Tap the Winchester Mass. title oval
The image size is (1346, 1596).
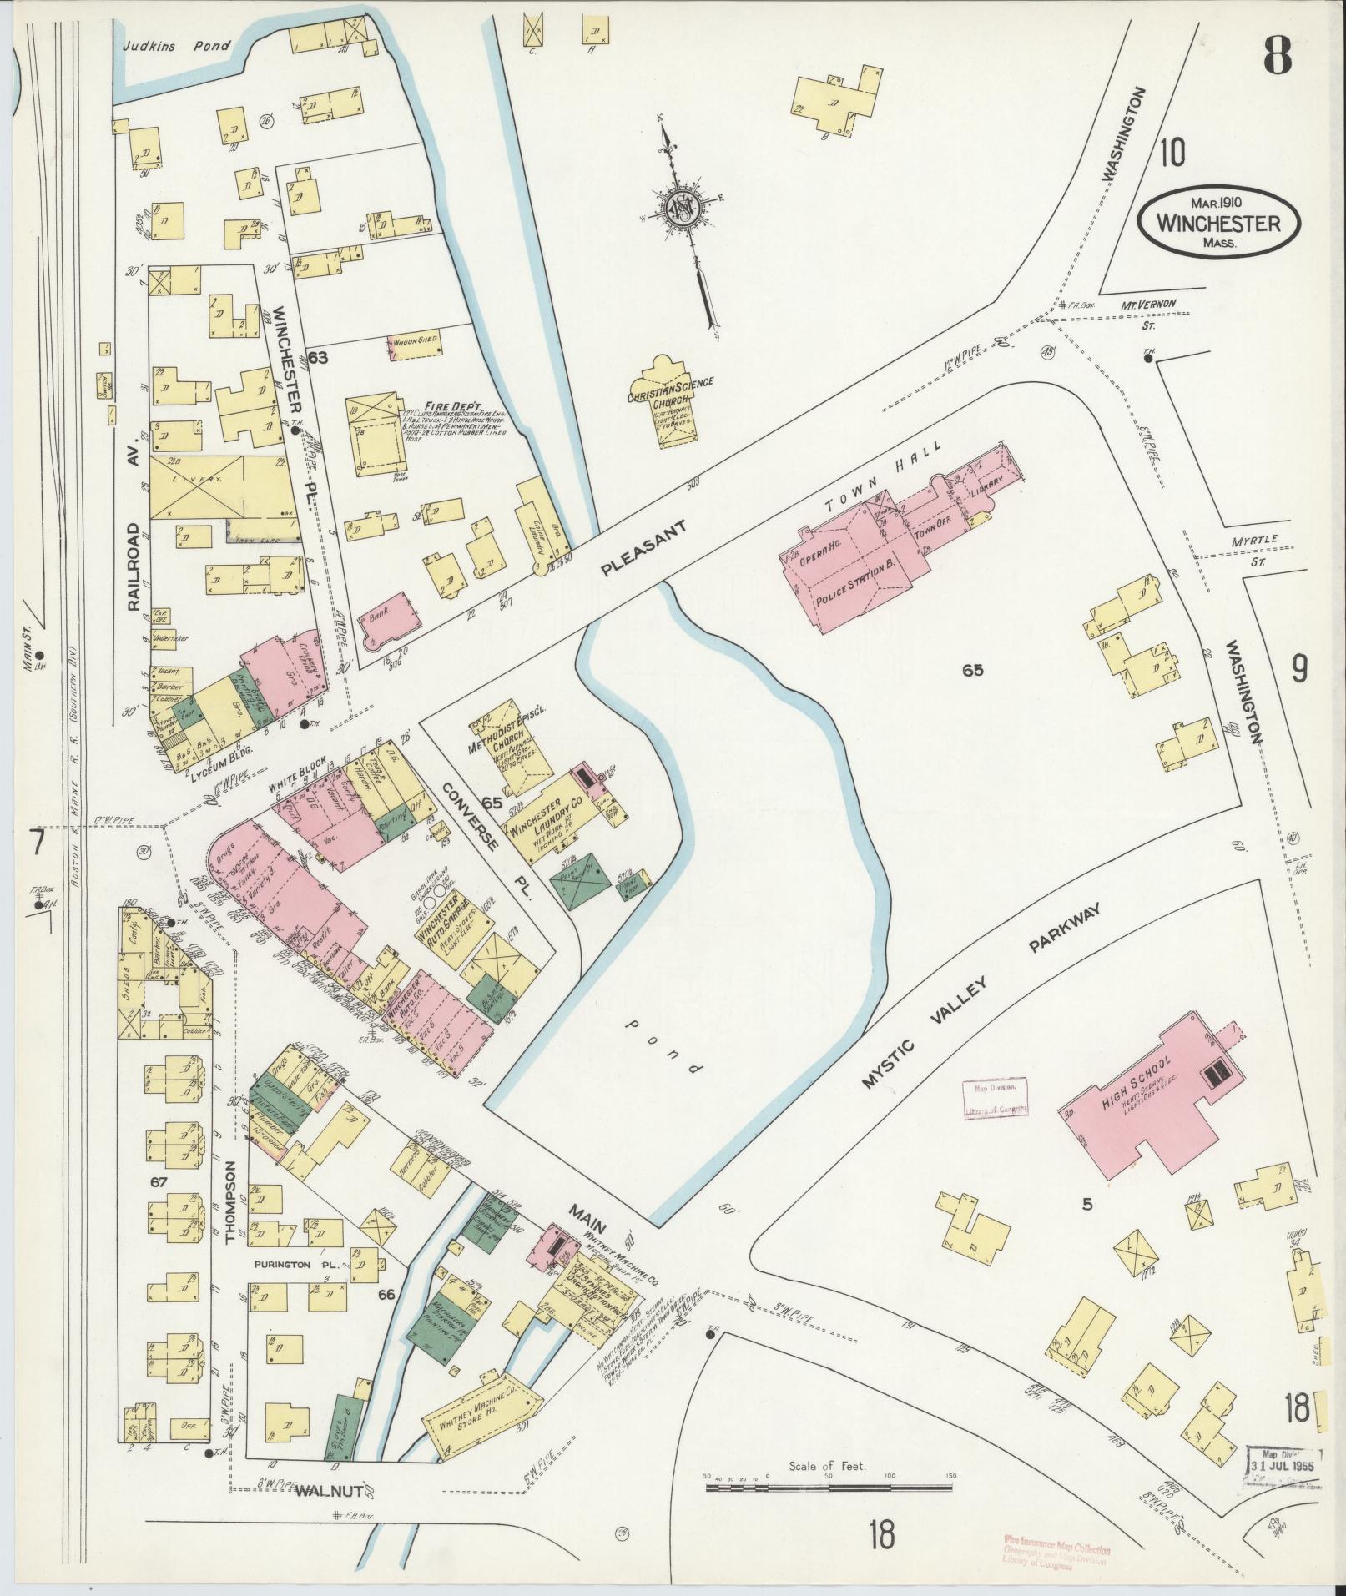[1218, 224]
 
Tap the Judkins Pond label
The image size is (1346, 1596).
[174, 47]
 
